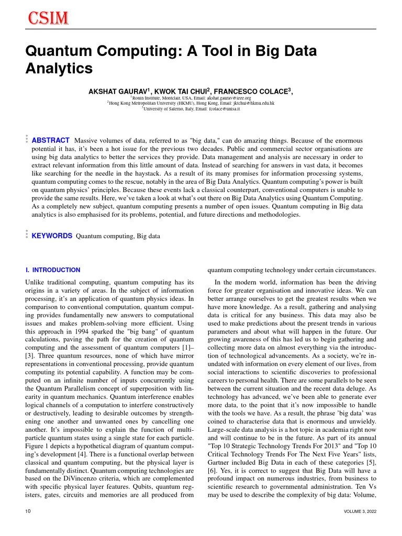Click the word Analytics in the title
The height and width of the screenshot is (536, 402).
point(59,69)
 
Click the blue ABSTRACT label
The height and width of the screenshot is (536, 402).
point(51,140)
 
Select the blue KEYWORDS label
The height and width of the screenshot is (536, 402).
point(52,236)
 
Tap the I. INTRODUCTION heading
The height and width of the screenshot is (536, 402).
point(53,270)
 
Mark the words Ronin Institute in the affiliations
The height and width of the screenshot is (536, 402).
point(149,98)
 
